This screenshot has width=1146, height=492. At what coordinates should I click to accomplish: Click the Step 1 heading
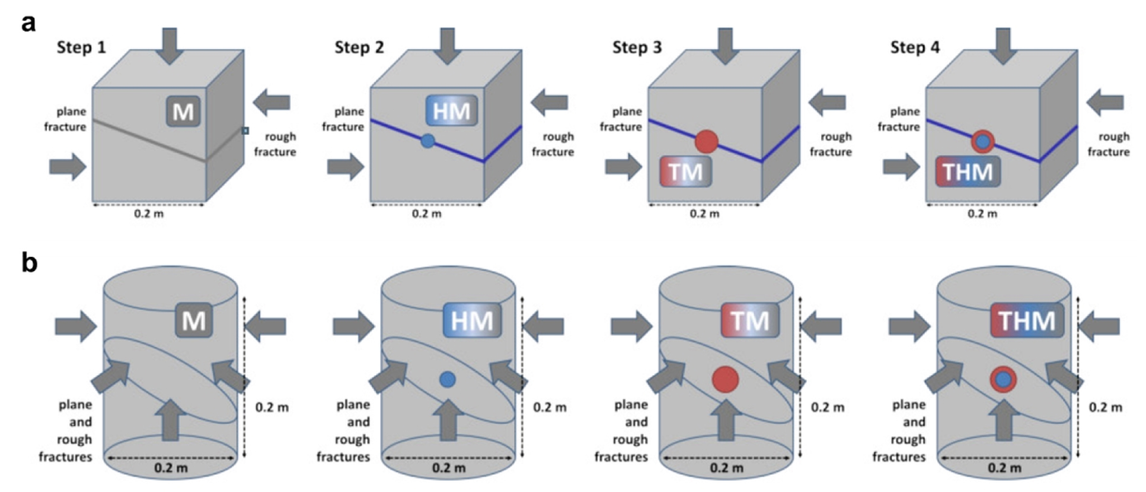(81, 47)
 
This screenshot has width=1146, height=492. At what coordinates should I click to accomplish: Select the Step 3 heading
(637, 47)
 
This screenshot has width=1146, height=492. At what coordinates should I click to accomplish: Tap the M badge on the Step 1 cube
(183, 111)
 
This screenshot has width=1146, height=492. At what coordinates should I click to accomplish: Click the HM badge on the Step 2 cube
(452, 110)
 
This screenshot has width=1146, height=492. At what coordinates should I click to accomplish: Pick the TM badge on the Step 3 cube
(685, 172)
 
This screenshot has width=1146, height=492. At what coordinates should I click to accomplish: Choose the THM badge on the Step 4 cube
(968, 172)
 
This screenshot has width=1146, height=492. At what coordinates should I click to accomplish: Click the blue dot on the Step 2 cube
(427, 141)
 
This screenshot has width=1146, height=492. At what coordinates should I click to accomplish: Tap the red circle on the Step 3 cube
(706, 142)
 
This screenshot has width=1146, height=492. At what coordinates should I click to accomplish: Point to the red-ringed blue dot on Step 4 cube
(983, 142)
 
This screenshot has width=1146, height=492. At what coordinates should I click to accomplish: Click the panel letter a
(28, 24)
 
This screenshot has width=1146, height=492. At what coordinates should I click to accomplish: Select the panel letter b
(29, 261)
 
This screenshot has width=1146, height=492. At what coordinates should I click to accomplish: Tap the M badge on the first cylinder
(194, 320)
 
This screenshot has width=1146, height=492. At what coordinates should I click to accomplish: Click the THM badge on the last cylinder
(1027, 320)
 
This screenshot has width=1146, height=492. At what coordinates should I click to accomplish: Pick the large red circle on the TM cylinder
(725, 380)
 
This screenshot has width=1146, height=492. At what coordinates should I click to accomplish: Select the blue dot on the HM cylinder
(448, 379)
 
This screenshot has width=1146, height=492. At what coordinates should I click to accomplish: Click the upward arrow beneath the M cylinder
(170, 419)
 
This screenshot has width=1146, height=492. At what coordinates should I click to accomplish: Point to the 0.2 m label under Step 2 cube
(427, 214)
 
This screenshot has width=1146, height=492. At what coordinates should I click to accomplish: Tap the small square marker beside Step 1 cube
(245, 131)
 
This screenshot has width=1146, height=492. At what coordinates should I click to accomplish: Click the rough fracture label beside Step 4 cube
(1109, 144)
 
